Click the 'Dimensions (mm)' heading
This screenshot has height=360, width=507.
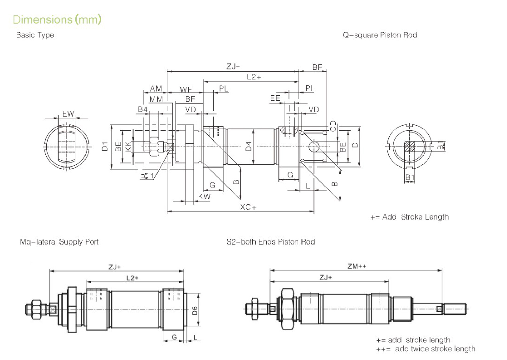(x=57, y=20)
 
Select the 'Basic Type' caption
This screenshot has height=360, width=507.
(x=35, y=35)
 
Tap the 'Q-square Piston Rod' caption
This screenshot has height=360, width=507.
(x=380, y=35)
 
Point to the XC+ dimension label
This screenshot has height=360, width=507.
(x=248, y=207)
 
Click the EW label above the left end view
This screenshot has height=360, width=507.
(x=68, y=114)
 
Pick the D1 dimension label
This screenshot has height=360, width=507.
(x=105, y=146)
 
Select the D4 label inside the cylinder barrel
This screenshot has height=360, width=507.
(x=249, y=146)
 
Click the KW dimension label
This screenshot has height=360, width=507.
(x=204, y=197)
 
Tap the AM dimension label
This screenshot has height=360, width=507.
(x=156, y=88)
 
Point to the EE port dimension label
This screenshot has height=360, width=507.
(x=275, y=98)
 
